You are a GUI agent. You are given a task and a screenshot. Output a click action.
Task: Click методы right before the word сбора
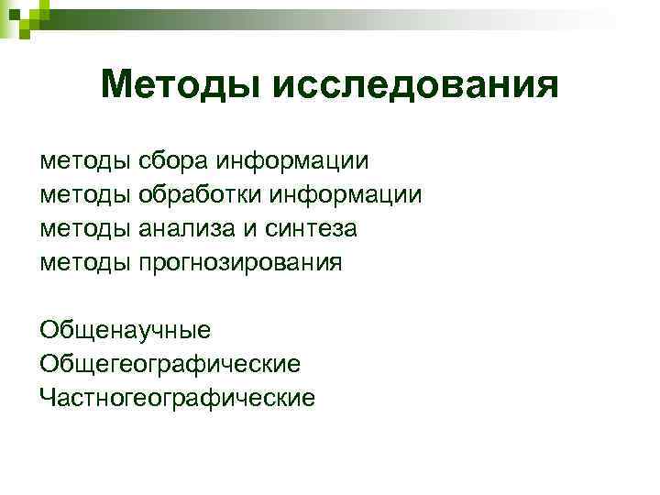(85, 161)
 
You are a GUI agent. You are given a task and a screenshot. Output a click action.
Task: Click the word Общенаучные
(126, 330)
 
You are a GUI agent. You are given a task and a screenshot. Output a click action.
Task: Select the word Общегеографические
(170, 364)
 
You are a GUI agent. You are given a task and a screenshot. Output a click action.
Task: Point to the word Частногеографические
(177, 398)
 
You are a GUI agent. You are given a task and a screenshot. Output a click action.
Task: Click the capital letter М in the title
(118, 84)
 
